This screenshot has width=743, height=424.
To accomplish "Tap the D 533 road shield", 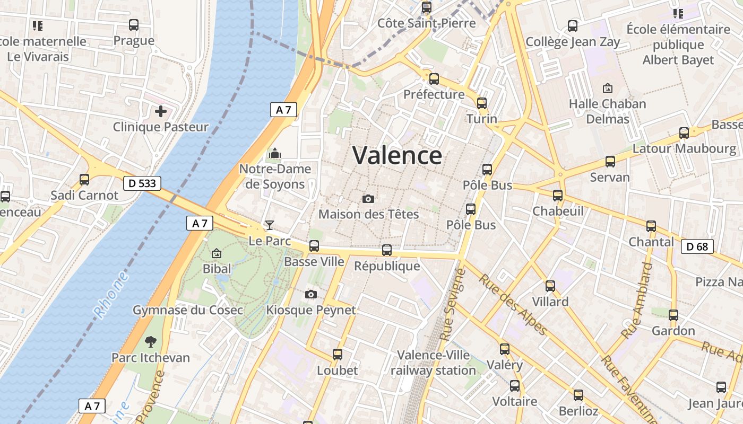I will [x=142, y=183].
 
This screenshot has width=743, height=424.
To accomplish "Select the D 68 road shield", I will [x=697, y=246].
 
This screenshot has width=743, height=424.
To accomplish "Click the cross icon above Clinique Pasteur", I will [x=160, y=111].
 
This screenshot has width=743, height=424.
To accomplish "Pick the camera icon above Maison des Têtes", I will [x=368, y=199].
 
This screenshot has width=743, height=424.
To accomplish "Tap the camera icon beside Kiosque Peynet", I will [x=311, y=294].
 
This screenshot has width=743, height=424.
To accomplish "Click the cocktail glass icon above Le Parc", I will [x=270, y=225].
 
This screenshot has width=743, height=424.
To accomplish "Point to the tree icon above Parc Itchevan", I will [x=151, y=341].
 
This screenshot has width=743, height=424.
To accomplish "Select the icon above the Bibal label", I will [x=217, y=254].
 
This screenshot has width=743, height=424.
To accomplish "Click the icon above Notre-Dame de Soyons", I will [x=275, y=153].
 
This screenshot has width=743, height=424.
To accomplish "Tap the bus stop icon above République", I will [x=387, y=250].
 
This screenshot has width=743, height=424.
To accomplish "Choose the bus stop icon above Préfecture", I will [x=434, y=79].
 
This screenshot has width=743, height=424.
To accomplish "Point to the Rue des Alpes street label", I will [x=513, y=305].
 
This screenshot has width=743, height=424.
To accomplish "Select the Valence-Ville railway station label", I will [x=433, y=363].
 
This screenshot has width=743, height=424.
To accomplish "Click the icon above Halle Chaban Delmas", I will [x=608, y=88].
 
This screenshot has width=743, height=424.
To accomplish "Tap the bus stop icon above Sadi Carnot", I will [x=84, y=179].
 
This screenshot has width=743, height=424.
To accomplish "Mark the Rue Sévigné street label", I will [x=452, y=305].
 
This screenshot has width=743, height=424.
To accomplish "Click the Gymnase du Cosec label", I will [x=188, y=310].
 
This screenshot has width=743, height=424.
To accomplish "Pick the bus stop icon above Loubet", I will [x=338, y=355].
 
